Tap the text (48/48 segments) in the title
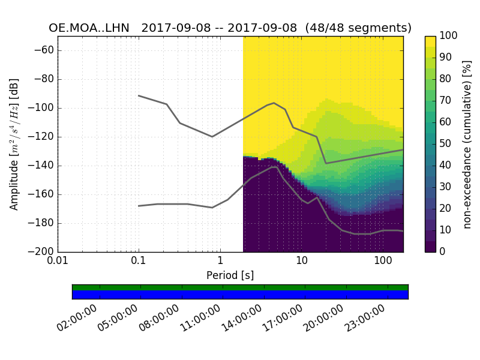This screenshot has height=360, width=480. click(x=366, y=28)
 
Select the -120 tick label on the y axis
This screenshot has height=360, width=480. click(x=43, y=137)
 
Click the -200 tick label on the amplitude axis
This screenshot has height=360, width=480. click(x=43, y=252)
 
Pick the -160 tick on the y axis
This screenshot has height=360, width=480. click(x=43, y=194)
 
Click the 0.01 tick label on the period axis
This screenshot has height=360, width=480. click(x=58, y=262)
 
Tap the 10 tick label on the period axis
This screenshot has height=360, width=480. click(x=302, y=262)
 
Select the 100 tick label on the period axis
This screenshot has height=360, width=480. click(x=383, y=262)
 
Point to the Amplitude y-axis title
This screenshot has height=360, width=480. click(x=14, y=144)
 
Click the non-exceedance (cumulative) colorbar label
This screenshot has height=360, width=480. click(x=467, y=144)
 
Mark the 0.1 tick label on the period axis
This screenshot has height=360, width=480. click(x=139, y=262)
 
